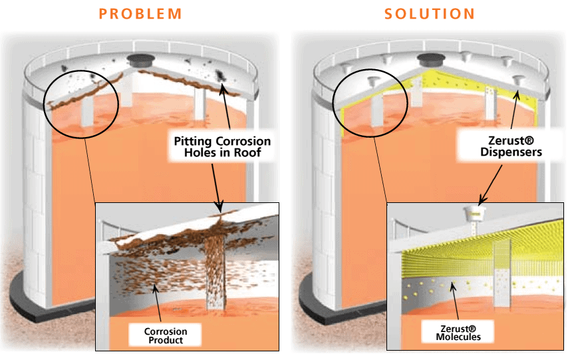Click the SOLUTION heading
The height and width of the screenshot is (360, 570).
point(429,13)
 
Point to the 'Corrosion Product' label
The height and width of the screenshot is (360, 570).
point(166,335)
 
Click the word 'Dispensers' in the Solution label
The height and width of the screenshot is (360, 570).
point(502,152)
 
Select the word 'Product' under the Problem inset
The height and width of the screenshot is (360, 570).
point(166,341)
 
